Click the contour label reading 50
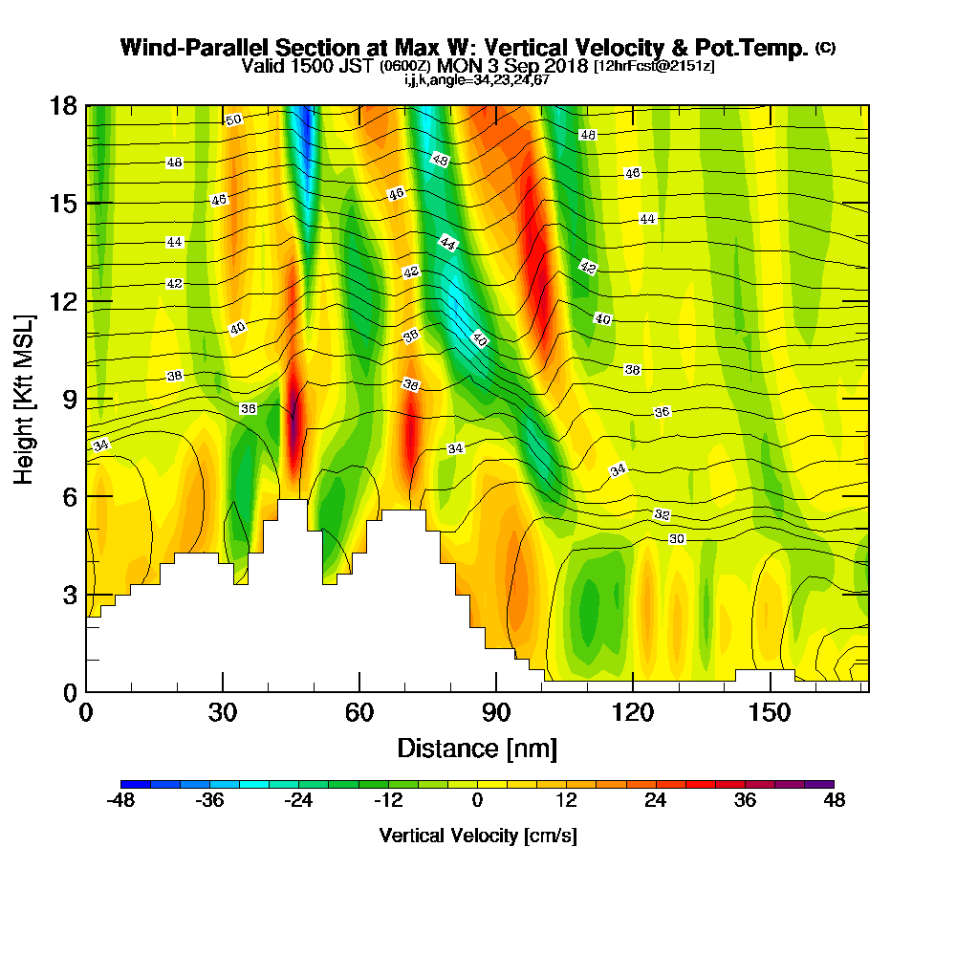pyautogui.click(x=233, y=119)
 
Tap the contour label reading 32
pyautogui.click(x=662, y=514)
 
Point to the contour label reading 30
pyautogui.click(x=677, y=539)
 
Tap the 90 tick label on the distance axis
pyautogui.click(x=495, y=713)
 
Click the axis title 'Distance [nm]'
pyautogui.click(x=477, y=747)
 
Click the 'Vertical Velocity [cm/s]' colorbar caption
pyautogui.click(x=477, y=836)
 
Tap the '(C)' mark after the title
pyautogui.click(x=825, y=47)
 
